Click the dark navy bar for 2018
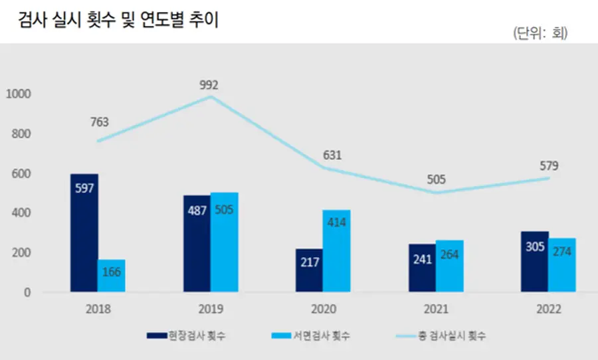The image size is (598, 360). [x=84, y=232]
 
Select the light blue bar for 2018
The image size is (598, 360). [x=112, y=276]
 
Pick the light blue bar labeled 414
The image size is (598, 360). [x=337, y=251]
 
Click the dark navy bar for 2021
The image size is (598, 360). [x=422, y=268]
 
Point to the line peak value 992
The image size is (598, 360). [x=210, y=85]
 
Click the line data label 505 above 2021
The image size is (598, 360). [x=437, y=179]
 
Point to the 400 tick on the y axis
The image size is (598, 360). [x=21, y=213]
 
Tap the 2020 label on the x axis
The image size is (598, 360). [x=324, y=310]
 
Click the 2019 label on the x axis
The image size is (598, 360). [x=211, y=310]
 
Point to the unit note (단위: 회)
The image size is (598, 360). [x=540, y=33]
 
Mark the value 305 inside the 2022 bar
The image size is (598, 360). [x=534, y=248]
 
